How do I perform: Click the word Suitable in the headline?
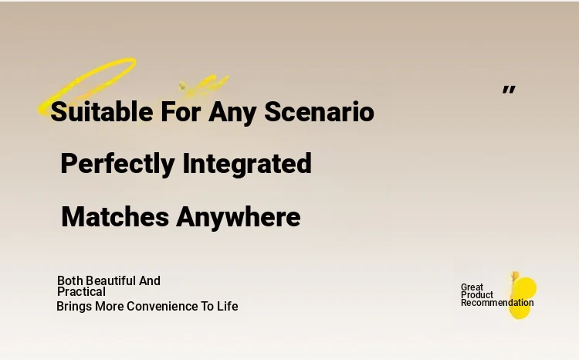pyautogui.click(x=102, y=111)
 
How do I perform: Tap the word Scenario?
pyautogui.click(x=319, y=111)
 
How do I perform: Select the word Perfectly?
pyautogui.click(x=117, y=164)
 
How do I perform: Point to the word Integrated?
pyautogui.click(x=247, y=164)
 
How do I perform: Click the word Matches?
pyautogui.click(x=115, y=217)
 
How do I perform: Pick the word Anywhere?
pyautogui.click(x=239, y=218)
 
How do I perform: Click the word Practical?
pyautogui.click(x=81, y=291)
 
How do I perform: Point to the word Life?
pyautogui.click(x=228, y=306)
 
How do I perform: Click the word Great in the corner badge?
pyautogui.click(x=472, y=287)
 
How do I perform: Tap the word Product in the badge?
pyautogui.click(x=477, y=295)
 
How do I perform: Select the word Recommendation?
pyautogui.click(x=497, y=303)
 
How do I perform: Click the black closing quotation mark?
pyautogui.click(x=509, y=90)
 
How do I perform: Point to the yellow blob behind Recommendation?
pyautogui.click(x=522, y=296)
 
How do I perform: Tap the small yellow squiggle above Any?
pyautogui.click(x=203, y=85)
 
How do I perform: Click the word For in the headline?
pyautogui.click(x=181, y=111)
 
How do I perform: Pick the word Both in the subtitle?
pyautogui.click(x=69, y=280)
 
